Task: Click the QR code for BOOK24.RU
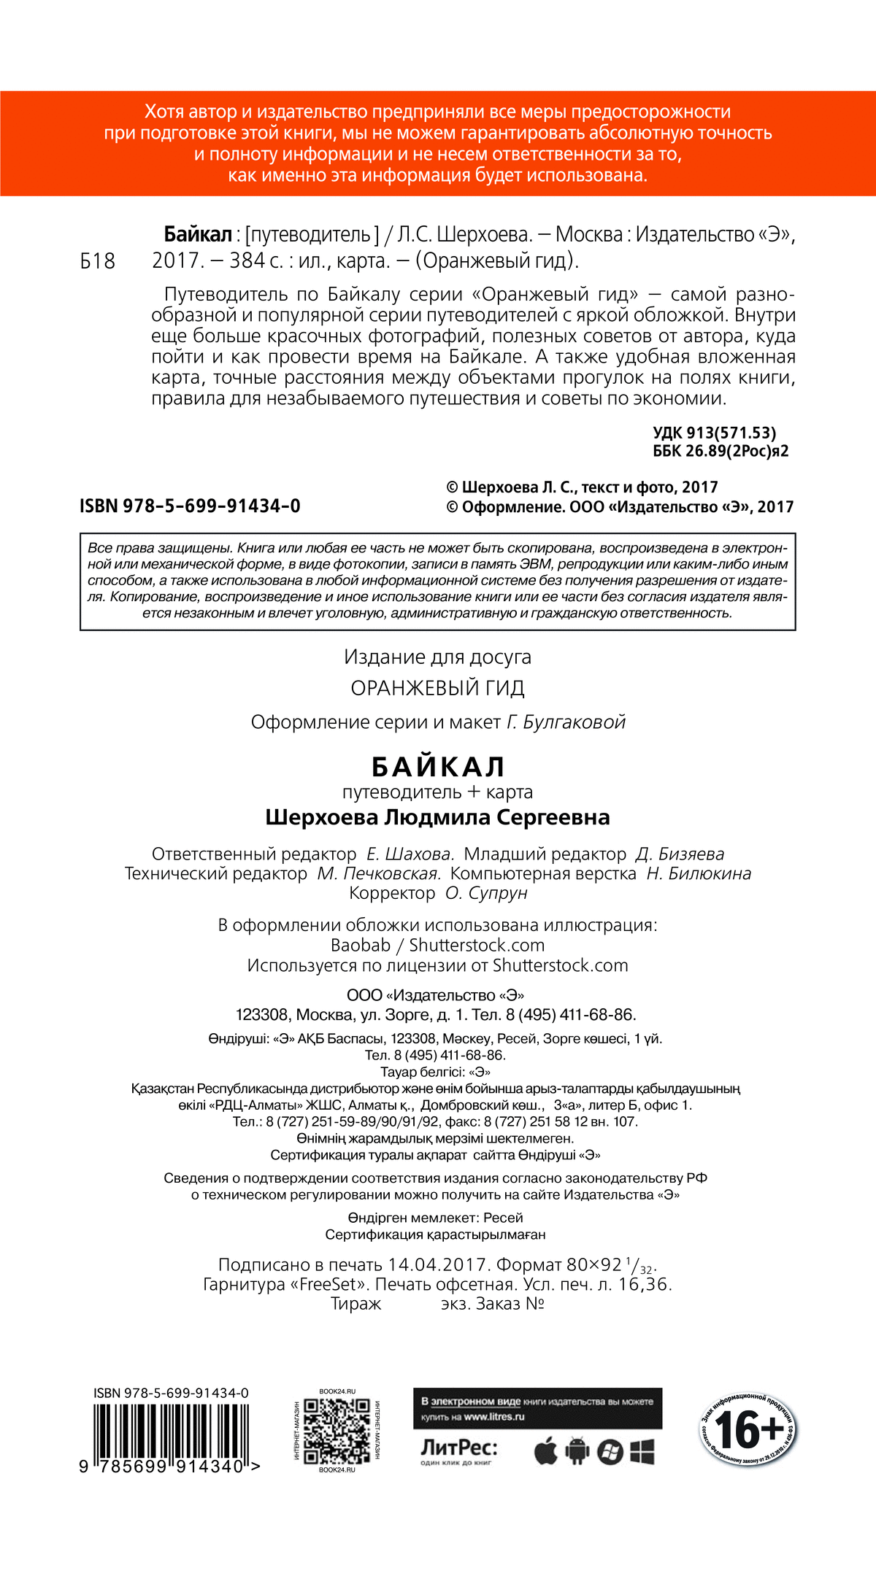(x=337, y=1431)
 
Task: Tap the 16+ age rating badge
(x=747, y=1431)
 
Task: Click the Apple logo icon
(x=545, y=1451)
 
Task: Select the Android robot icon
(x=577, y=1451)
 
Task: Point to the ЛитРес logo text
(x=458, y=1447)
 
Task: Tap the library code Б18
(x=98, y=261)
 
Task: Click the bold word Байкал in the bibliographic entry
(x=198, y=235)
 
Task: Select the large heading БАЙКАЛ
(x=438, y=767)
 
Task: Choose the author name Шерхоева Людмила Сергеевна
(x=437, y=817)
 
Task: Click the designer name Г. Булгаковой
(x=566, y=722)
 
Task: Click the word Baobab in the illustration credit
(x=361, y=945)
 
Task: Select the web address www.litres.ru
(x=494, y=1417)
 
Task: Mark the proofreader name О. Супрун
(x=486, y=893)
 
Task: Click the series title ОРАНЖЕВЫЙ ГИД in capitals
(x=437, y=688)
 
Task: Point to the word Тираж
(x=356, y=1304)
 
